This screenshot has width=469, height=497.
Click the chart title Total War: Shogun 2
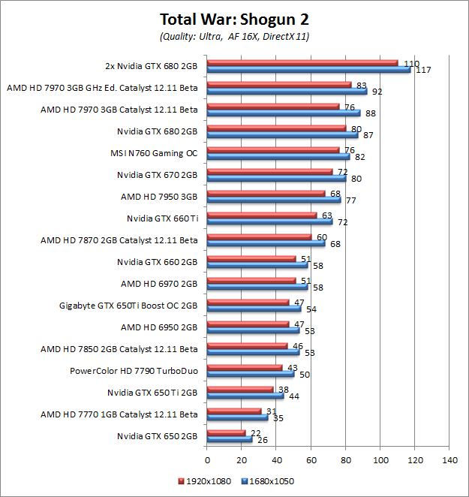coord(234,18)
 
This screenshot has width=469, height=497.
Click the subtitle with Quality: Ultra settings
coord(234,35)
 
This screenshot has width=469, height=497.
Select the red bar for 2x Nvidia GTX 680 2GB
coord(302,62)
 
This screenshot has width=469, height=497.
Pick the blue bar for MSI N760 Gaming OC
coord(278,156)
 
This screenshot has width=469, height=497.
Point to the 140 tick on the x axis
coord(449,460)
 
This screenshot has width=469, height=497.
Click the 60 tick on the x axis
coord(311,460)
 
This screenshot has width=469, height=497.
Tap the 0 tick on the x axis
coord(206,460)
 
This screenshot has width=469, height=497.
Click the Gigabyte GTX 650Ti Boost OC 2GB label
coord(128,305)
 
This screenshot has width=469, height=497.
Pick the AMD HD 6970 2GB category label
coord(159,284)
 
